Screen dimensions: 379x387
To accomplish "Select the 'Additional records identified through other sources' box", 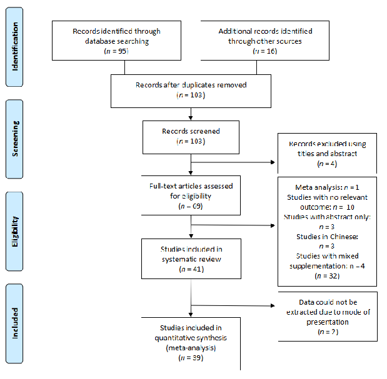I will [266, 41].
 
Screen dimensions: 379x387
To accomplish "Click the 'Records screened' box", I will [191, 137].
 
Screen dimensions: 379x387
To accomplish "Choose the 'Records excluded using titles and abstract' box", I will [328, 154].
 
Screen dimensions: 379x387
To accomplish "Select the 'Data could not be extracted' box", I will [328, 317].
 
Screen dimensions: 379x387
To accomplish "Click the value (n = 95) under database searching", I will [116, 51].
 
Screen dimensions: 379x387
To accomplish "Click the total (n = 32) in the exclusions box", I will [328, 275].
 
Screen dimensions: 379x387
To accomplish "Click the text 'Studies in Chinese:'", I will [328, 237].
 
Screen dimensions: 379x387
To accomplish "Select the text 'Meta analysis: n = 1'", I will [328, 187].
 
